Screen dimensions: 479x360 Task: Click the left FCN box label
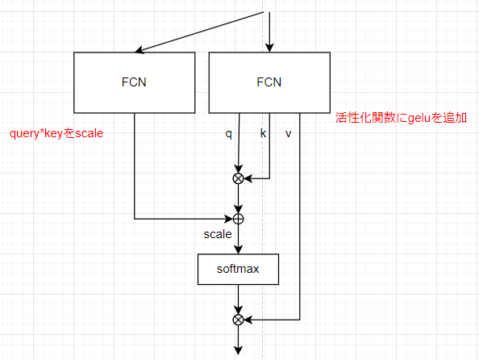pyautogui.click(x=134, y=82)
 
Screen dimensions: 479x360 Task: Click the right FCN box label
pyautogui.click(x=269, y=82)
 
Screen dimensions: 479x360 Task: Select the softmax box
pyautogui.click(x=238, y=269)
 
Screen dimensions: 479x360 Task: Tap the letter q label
pyautogui.click(x=228, y=134)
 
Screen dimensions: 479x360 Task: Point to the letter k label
pyautogui.click(x=263, y=133)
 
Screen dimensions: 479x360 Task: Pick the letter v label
pyautogui.click(x=288, y=134)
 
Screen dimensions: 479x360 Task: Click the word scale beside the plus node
pyautogui.click(x=218, y=234)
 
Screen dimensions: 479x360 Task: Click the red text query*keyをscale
pyautogui.click(x=56, y=134)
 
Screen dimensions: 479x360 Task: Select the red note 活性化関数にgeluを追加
pyautogui.click(x=401, y=118)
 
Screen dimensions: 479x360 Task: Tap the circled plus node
pyautogui.click(x=238, y=219)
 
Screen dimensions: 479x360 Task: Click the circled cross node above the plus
pyautogui.click(x=238, y=178)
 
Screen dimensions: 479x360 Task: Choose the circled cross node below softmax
pyautogui.click(x=238, y=320)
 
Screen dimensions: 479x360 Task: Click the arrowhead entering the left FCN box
pyautogui.click(x=139, y=50)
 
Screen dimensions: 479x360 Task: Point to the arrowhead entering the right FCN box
pyautogui.click(x=269, y=48)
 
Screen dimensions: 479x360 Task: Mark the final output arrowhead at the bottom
pyautogui.click(x=238, y=350)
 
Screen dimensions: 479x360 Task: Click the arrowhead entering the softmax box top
pyautogui.click(x=238, y=249)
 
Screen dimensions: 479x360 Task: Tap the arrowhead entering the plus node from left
pyautogui.click(x=228, y=219)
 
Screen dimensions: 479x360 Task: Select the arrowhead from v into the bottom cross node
pyautogui.click(x=248, y=320)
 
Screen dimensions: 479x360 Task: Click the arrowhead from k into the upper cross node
pyautogui.click(x=248, y=178)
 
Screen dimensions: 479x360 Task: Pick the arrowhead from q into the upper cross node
pyautogui.click(x=238, y=170)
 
